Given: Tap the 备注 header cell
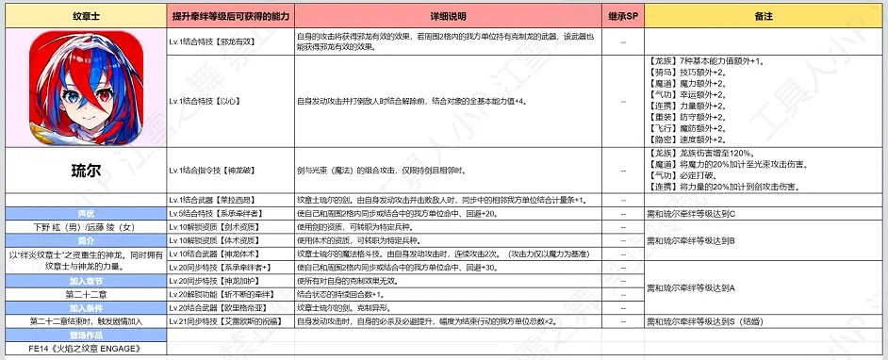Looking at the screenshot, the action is (x=764, y=18).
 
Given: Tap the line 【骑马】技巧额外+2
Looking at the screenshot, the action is (x=688, y=72).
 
